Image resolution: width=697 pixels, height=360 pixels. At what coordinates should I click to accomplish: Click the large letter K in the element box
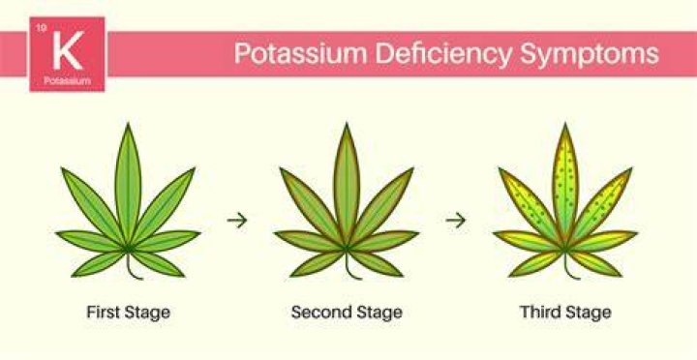pyautogui.click(x=68, y=50)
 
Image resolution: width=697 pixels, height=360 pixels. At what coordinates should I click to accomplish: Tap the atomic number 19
pyautogui.click(x=41, y=28)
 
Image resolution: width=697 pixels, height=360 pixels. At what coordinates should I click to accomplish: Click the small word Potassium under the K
pyautogui.click(x=68, y=80)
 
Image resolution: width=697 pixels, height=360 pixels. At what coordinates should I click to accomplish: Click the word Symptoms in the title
pyautogui.click(x=590, y=55)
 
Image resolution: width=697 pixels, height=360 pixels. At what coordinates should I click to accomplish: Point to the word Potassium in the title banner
pyautogui.click(x=301, y=54)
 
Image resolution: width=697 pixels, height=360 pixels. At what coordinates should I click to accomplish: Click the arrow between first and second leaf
pyautogui.click(x=237, y=220)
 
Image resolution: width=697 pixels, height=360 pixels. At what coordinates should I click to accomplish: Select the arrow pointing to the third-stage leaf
pyautogui.click(x=456, y=220)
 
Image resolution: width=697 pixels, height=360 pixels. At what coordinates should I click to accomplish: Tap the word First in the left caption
pyautogui.click(x=104, y=312)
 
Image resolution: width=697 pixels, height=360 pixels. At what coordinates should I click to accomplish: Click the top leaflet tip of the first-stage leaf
pyautogui.click(x=128, y=124)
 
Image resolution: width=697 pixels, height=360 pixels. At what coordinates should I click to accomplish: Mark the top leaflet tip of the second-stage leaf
pyautogui.click(x=347, y=124)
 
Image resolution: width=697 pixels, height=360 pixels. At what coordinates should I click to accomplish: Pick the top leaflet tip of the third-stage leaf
pyautogui.click(x=565, y=124)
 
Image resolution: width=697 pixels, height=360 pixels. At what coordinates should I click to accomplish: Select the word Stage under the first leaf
pyautogui.click(x=147, y=313)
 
